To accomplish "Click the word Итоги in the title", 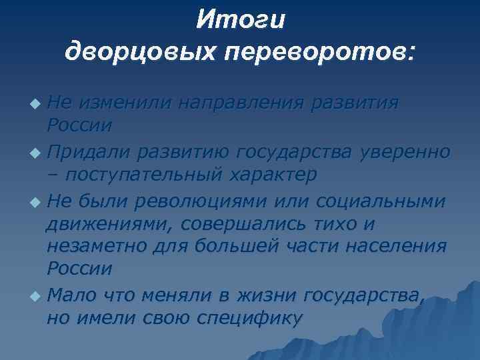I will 240,20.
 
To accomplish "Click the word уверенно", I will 404,152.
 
